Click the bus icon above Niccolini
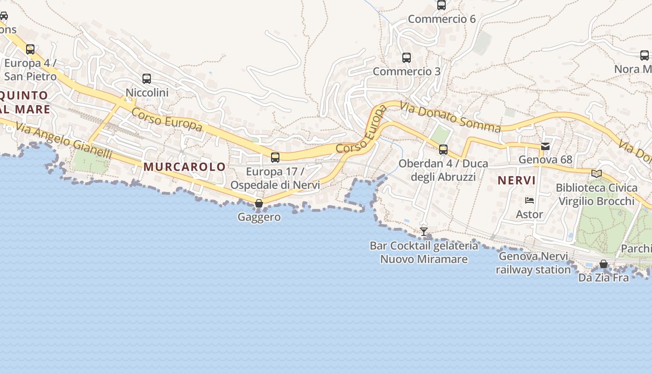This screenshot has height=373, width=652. coord(147,79)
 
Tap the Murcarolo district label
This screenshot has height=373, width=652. coord(184,166)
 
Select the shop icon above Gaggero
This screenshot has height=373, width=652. coord(259,203)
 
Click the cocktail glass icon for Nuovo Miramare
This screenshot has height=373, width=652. coord(423,231)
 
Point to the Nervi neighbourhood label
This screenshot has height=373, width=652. coord(516,180)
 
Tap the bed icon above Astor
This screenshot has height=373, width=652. coord(530,200)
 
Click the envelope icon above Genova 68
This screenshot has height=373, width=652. coord(545,146)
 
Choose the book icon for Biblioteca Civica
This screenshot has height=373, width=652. coord(596,174)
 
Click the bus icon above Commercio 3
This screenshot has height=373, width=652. coord(407,58)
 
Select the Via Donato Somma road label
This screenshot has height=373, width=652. coord(450,117)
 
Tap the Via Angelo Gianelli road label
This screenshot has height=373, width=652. coord(64,140)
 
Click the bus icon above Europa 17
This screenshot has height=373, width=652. coord(275,158)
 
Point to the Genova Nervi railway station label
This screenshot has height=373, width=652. coord(533,263)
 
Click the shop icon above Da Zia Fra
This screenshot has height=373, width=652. coord(604,264)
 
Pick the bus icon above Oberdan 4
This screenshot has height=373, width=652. coord(443,150)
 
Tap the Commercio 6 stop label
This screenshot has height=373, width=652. coord(441,19)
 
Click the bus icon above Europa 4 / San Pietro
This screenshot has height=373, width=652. coord(30,49)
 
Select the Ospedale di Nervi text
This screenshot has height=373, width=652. coord(275,185)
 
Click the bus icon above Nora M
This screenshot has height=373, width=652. coord(645,55)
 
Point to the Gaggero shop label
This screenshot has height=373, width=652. coord(259,217)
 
